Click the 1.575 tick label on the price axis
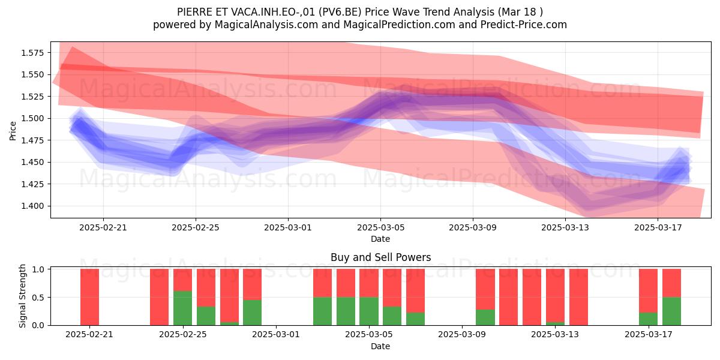pyautogui.click(x=32, y=53)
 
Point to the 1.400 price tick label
pyautogui.click(x=32, y=206)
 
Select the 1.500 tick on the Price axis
pyautogui.click(x=32, y=118)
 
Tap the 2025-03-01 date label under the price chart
pyautogui.click(x=288, y=227)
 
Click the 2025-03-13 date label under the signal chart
pyautogui.click(x=555, y=334)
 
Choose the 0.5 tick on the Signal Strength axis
pyautogui.click(x=38, y=298)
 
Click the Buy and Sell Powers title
pyautogui.click(x=380, y=257)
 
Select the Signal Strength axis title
pyautogui.click(x=22, y=296)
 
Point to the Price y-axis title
pyautogui.click(x=13, y=131)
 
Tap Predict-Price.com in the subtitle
pyautogui.click(x=524, y=25)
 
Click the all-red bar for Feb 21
pyautogui.click(x=89, y=297)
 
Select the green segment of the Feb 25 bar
pyautogui.click(x=182, y=308)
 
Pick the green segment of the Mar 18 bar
pyautogui.click(x=671, y=311)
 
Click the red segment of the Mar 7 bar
pyautogui.click(x=415, y=291)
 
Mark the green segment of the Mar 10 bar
pyautogui.click(x=485, y=317)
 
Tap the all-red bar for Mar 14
pyautogui.click(x=578, y=297)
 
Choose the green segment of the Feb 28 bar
pyautogui.click(x=253, y=313)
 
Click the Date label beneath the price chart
pyautogui.click(x=380, y=239)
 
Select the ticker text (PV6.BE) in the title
pyautogui.click(x=340, y=12)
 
